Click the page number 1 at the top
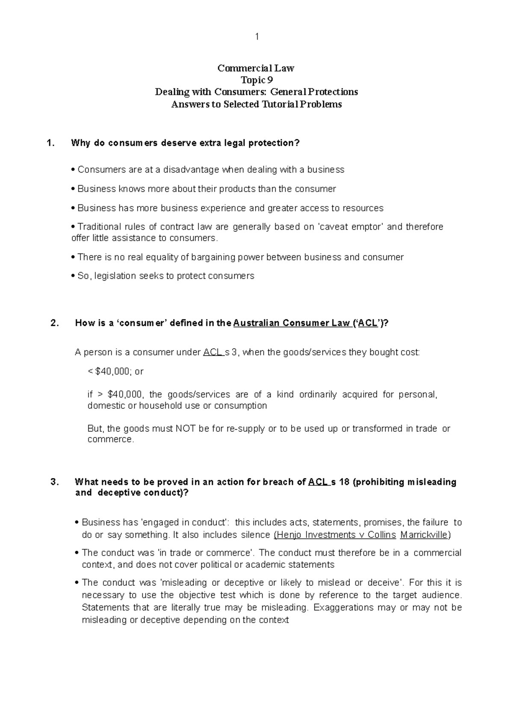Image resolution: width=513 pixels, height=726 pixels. click(x=256, y=37)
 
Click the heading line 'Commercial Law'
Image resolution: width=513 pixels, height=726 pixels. click(x=256, y=68)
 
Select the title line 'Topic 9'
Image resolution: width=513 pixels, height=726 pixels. click(x=256, y=80)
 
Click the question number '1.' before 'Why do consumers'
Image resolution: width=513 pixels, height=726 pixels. click(x=51, y=143)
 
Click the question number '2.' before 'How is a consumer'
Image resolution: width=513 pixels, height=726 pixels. click(x=54, y=323)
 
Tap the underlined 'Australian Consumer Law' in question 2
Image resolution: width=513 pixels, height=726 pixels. click(x=292, y=323)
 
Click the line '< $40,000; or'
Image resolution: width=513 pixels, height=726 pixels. click(x=115, y=372)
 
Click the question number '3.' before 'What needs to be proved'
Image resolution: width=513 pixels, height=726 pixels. click(x=54, y=482)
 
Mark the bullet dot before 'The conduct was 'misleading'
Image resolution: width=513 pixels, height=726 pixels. click(x=76, y=583)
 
